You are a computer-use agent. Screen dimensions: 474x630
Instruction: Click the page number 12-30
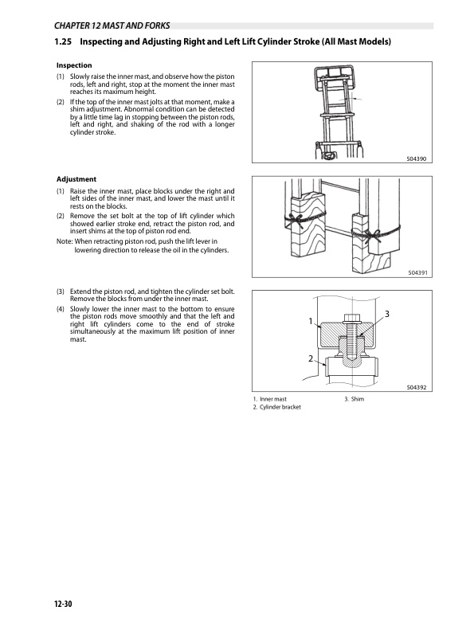pos(63,604)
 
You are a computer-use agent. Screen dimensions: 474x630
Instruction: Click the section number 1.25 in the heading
pos(63,41)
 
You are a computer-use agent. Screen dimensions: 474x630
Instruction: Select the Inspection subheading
pos(74,65)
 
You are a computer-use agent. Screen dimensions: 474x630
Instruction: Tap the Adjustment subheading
pos(76,179)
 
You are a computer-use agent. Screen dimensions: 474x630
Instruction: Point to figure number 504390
pos(417,158)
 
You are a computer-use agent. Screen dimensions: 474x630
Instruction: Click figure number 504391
pos(417,273)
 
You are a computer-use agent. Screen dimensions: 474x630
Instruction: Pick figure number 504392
pos(417,387)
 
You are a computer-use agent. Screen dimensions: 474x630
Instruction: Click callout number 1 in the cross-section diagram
pos(311,321)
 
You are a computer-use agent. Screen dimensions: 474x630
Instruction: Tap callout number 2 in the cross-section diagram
pos(311,358)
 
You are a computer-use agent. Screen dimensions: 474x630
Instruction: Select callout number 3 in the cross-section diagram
pos(387,314)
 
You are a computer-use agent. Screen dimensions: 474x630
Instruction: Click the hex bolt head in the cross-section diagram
pos(351,318)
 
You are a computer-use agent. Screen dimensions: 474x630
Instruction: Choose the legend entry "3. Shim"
pos(355,399)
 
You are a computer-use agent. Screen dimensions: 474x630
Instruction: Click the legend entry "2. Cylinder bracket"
pos(277,407)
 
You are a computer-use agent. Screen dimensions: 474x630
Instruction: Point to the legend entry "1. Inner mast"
pos(270,399)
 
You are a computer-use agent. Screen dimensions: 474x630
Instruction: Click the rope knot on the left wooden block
pos(298,219)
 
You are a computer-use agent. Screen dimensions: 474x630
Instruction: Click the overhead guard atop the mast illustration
pos(332,77)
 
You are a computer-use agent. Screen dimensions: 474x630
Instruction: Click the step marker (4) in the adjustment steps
pos(61,309)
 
